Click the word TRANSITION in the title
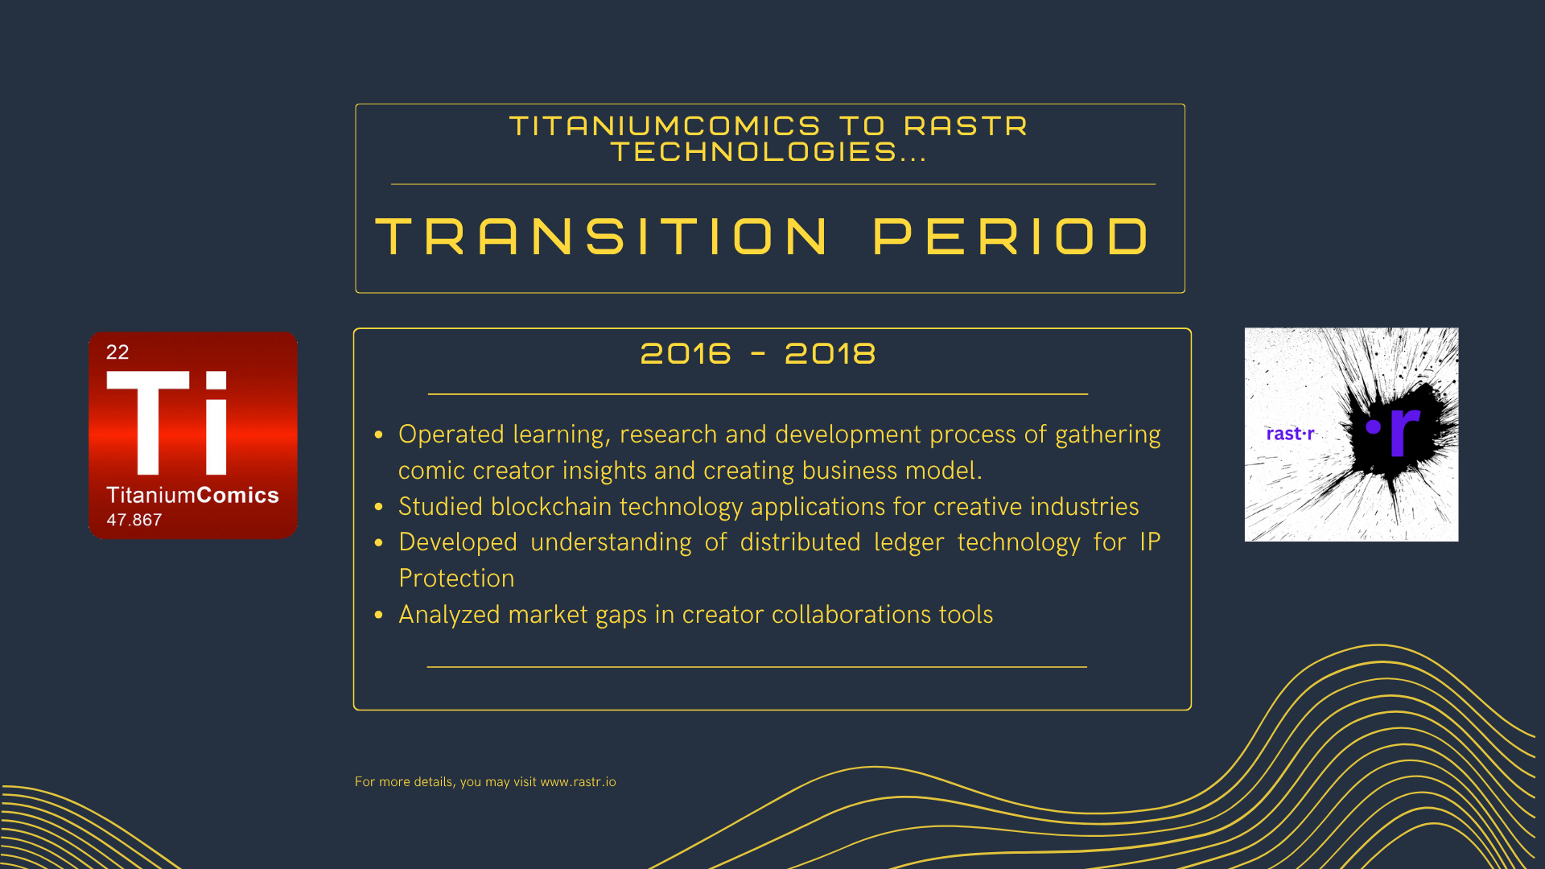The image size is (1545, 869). click(x=602, y=237)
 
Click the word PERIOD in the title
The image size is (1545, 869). click(x=1011, y=237)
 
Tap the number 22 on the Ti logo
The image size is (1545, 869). click(x=117, y=352)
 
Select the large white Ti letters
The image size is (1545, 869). click(x=167, y=422)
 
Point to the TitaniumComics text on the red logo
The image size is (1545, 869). click(x=192, y=495)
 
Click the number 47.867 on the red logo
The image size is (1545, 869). click(x=134, y=520)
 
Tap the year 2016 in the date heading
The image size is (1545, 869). click(x=686, y=353)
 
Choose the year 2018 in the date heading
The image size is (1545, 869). click(x=830, y=353)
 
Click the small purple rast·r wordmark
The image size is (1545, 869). click(x=1290, y=434)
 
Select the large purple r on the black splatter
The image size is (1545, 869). click(x=1404, y=431)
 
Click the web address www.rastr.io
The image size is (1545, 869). click(x=578, y=782)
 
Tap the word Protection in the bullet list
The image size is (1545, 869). click(x=456, y=579)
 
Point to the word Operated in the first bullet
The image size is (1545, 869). click(x=451, y=434)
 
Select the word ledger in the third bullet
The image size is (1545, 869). click(x=908, y=542)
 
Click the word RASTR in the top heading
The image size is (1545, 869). click(x=966, y=126)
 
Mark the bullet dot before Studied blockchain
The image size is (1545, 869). click(x=379, y=507)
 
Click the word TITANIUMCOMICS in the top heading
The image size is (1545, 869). click(x=665, y=126)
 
